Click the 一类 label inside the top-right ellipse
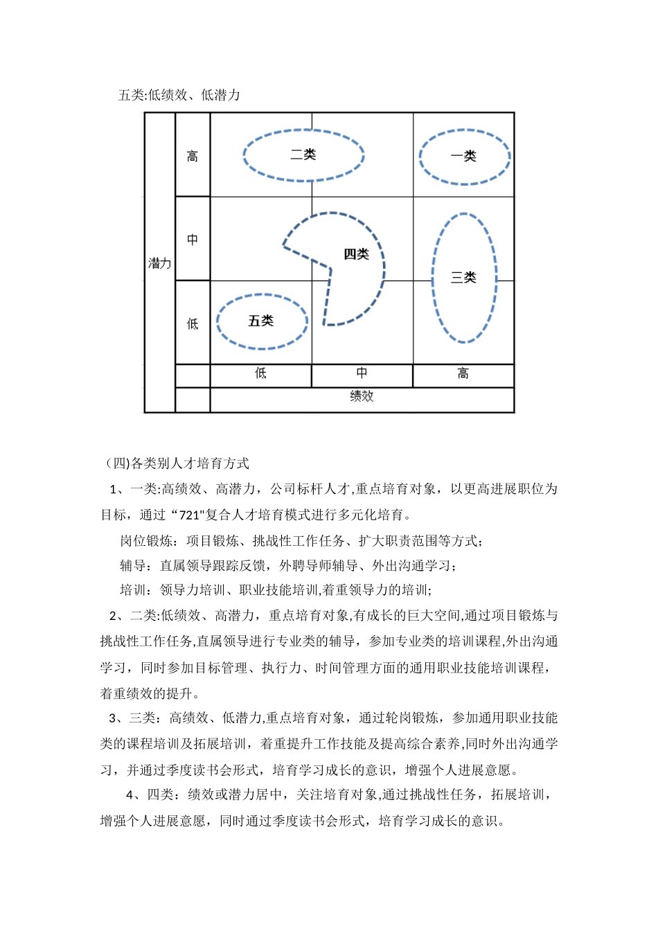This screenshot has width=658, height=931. coord(463,157)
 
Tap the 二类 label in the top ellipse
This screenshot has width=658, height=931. coord(303,154)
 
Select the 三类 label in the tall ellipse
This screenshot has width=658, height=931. coord(463,278)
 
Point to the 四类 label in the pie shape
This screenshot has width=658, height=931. coord(356,254)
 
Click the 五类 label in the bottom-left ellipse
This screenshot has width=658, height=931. coord(261,321)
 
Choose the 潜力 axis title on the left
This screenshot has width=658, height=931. coord(159,263)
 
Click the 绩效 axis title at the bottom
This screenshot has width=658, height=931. coord(362,396)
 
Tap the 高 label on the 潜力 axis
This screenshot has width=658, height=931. coord(193,157)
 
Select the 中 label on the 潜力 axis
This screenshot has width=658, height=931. coord(193,240)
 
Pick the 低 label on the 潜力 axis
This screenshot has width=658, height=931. coord(193,323)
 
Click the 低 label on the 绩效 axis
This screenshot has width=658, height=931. coord(260,373)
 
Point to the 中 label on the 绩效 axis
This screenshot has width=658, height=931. coord(362,373)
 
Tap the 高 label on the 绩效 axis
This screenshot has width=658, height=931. coord(463,374)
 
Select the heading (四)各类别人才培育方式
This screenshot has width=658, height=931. coord(177,463)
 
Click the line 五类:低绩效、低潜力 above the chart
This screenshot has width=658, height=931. coord(179,95)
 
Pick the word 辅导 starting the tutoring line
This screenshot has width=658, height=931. coord(133,565)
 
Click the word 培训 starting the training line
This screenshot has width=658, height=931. coord(133,590)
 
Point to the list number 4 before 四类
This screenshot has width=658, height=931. coord(130,795)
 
